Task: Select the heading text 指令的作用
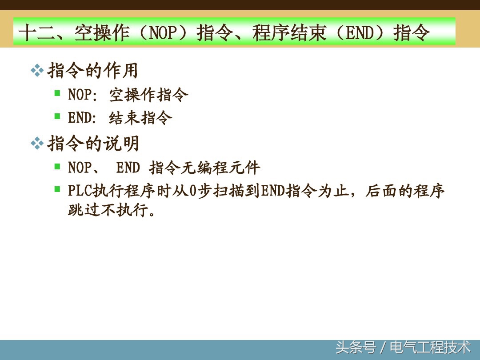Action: (92, 71)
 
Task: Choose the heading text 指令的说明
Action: (92, 144)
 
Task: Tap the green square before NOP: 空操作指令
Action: (57, 93)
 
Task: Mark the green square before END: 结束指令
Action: (57, 116)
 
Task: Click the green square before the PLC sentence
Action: (57, 189)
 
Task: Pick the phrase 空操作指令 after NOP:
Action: (149, 95)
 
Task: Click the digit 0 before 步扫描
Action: (192, 191)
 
